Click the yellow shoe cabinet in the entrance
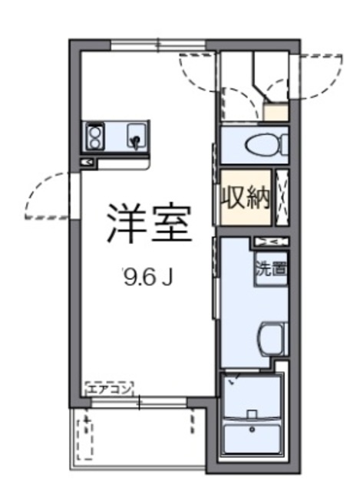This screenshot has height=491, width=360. point(276,113)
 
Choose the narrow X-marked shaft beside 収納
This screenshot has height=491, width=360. point(282,198)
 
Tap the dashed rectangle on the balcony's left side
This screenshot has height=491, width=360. point(86,438)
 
